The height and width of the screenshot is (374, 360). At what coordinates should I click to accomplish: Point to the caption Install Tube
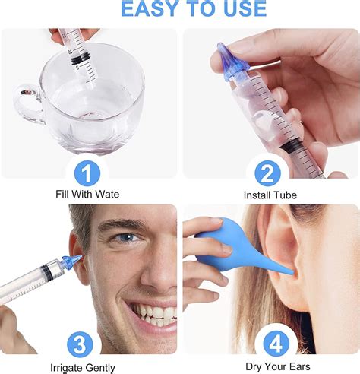click(x=270, y=195)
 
